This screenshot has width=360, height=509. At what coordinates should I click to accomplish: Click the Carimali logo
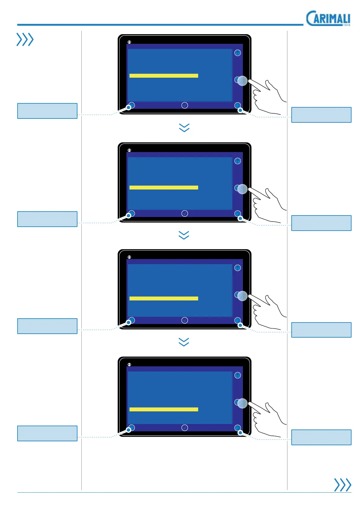[328, 19]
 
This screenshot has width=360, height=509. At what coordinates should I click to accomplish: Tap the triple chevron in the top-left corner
[25, 40]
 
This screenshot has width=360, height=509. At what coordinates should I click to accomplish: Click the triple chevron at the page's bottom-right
[342, 485]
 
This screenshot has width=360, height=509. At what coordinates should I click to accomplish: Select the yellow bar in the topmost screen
[164, 76]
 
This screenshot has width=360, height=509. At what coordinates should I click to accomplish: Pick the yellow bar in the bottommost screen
[164, 409]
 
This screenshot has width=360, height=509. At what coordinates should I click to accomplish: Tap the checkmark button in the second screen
[185, 213]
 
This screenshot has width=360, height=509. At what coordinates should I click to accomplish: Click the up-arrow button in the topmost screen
[237, 53]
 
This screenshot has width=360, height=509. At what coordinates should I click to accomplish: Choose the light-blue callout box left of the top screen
[47, 111]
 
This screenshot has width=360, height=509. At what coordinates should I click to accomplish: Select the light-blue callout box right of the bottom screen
[321, 437]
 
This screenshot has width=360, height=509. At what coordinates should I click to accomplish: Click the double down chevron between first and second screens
[184, 128]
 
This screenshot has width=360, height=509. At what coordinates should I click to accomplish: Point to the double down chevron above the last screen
[184, 342]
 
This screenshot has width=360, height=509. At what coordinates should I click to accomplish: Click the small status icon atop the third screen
[129, 257]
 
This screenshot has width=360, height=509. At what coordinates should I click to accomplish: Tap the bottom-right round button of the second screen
[237, 213]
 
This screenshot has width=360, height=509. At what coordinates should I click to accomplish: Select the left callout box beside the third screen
[47, 326]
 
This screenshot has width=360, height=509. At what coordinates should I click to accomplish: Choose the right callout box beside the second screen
[321, 223]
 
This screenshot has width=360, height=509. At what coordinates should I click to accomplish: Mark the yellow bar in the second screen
[164, 187]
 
